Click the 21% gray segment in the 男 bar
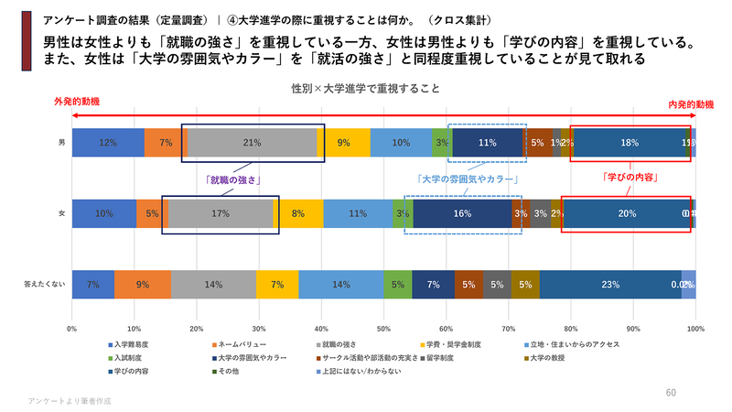[253, 143]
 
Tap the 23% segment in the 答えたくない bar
[610, 285]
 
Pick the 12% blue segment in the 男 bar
[108, 143]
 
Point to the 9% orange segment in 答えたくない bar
[143, 285]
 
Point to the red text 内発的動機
[691, 105]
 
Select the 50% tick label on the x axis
[383, 327]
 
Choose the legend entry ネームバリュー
[239, 344]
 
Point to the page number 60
[671, 392]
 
